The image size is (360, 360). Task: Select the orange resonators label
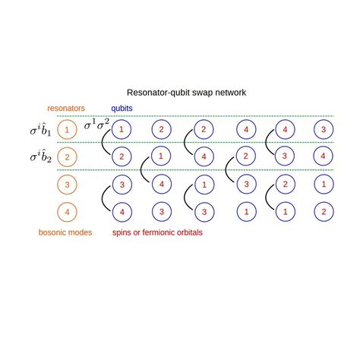pos(66,109)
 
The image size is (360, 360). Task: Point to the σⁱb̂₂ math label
pos(41,158)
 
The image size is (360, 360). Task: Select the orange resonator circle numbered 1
pos(67,130)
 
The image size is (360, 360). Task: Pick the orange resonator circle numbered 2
pos(67,158)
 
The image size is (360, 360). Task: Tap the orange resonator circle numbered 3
pos(67,185)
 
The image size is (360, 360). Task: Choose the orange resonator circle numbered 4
pos(67,212)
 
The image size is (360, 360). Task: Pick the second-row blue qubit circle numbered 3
pos(284,156)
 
